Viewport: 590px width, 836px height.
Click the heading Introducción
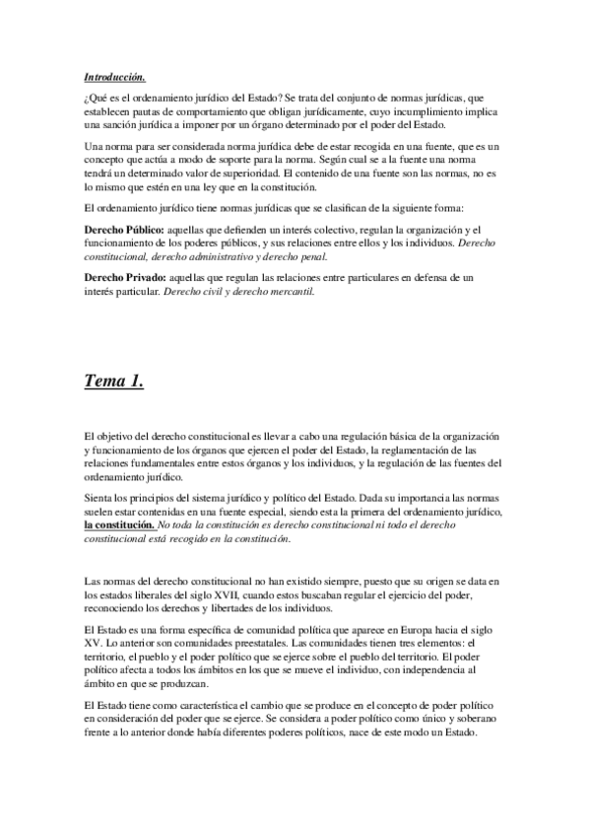(115, 76)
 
